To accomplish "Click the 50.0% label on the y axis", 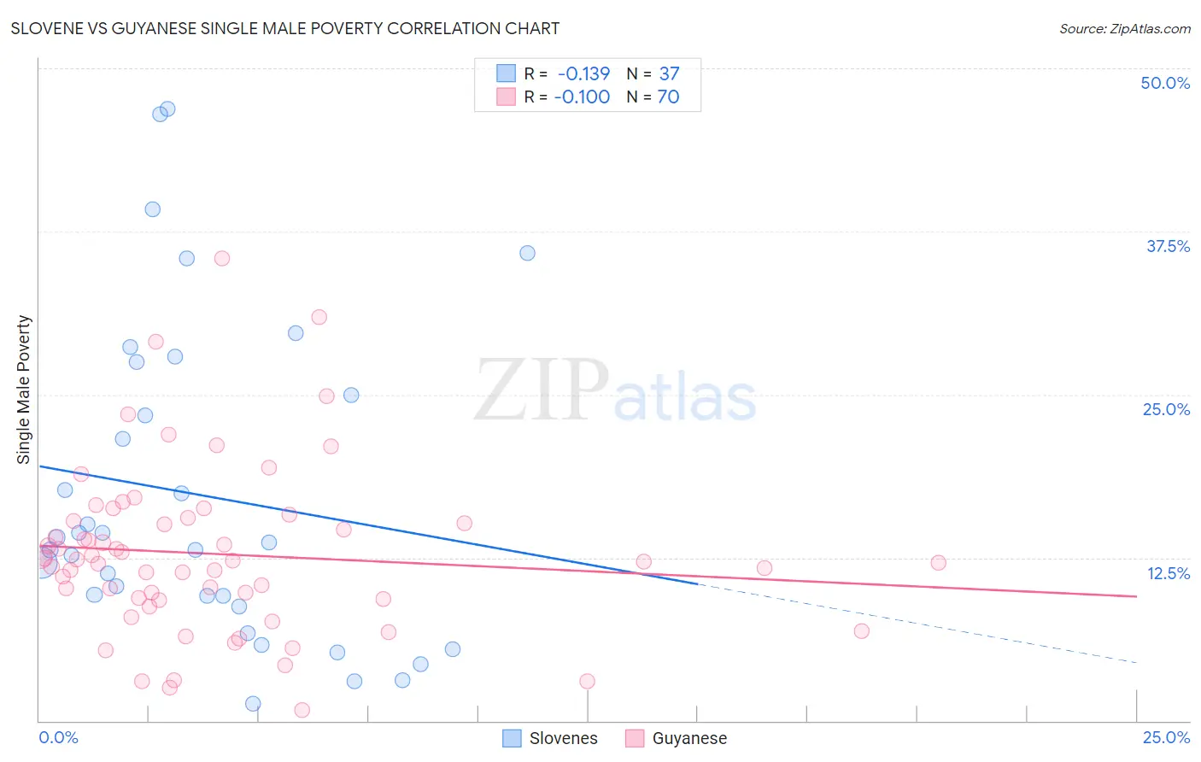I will click(1165, 83).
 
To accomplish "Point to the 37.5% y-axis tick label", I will click(1168, 246).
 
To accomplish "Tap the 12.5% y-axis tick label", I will click(1168, 573).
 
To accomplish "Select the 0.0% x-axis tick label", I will click(58, 737).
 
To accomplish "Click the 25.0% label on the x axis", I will click(1166, 737).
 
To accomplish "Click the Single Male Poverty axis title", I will click(24, 390).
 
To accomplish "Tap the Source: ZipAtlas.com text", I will click(1124, 28).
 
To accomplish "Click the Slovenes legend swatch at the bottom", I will click(512, 738).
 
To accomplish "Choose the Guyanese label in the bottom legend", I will click(689, 738).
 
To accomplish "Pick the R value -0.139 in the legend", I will click(583, 73).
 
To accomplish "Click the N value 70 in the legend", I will click(668, 97).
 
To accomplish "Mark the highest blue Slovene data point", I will click(167, 108).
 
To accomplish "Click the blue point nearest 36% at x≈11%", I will click(527, 253).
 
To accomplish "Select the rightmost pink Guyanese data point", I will click(938, 562).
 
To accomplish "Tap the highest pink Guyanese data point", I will click(222, 258).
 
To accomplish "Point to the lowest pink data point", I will click(302, 710).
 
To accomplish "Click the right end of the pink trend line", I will click(1136, 596).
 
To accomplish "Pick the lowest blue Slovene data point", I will click(253, 704).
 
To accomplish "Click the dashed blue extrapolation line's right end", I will click(1136, 663).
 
